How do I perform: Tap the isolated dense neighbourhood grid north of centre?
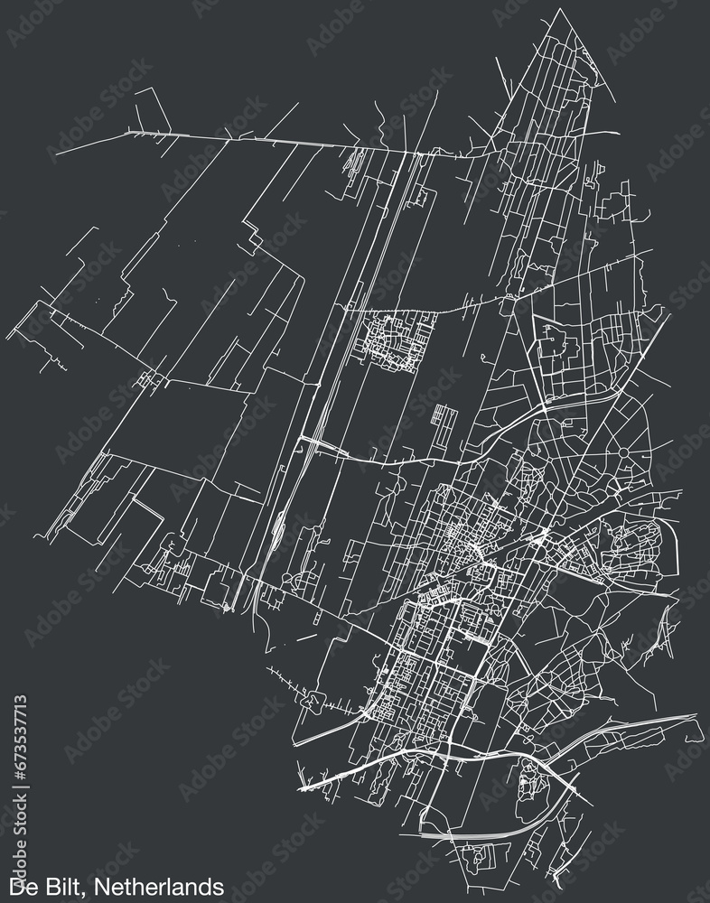tap(395, 339)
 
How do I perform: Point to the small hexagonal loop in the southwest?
tap(315, 699)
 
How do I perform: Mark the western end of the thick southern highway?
tap(304, 787)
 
